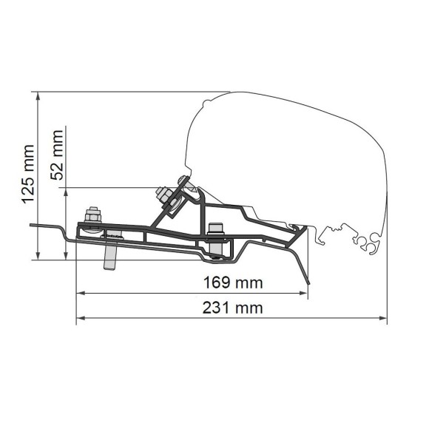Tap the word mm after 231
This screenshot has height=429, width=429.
[249, 308]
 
